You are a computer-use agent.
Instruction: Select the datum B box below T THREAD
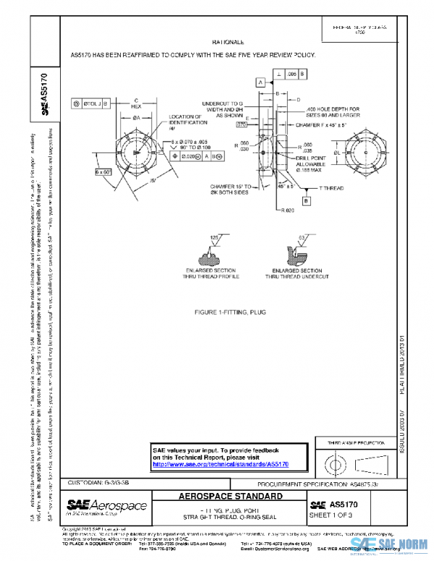[306, 200]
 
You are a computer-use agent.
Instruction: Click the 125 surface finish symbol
[215, 238]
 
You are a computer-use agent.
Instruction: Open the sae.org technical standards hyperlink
[220, 464]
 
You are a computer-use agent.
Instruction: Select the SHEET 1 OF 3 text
[331, 515]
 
